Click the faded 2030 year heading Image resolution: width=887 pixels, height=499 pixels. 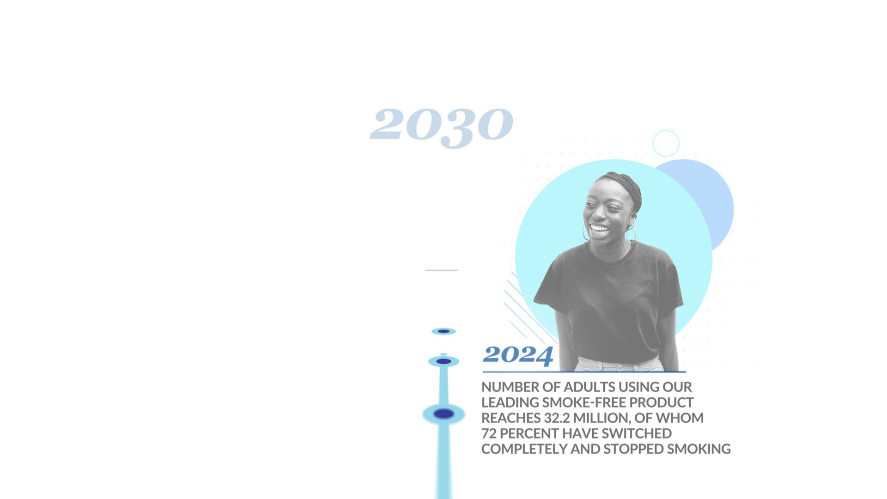coord(442,126)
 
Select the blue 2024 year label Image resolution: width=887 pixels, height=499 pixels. coord(518,355)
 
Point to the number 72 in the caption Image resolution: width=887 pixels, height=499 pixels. coord(489,433)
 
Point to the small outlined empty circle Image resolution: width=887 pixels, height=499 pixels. coord(666,131)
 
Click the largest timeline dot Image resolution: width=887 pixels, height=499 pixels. coord(443,414)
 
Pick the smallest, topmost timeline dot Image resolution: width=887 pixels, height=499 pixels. coord(443,331)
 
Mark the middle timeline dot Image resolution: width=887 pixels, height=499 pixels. coord(443,361)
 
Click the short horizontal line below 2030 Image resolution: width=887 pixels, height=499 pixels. coord(442,270)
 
